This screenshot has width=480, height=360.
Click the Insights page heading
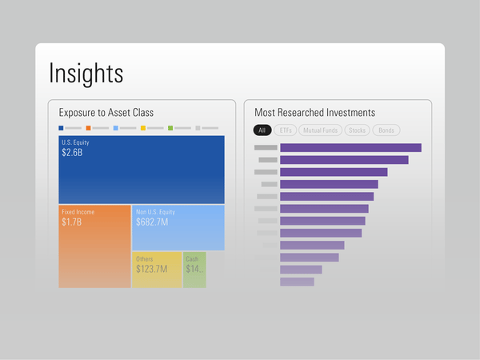point(86,73)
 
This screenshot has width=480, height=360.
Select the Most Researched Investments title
point(314,113)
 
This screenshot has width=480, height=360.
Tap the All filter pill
point(262,130)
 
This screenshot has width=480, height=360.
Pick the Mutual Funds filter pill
point(322,130)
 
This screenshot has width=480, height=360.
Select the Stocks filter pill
point(358,130)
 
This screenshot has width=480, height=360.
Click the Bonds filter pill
point(386,130)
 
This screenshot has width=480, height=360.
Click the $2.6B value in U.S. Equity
point(72,153)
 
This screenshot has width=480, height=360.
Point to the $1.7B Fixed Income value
point(72,222)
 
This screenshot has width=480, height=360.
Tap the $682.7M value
point(152,222)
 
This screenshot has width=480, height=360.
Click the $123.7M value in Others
point(152,269)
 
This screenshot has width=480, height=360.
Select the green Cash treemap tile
point(194,270)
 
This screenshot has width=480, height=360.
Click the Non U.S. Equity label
point(155,212)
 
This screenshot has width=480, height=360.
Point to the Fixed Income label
point(78,212)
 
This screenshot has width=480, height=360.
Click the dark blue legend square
point(62,128)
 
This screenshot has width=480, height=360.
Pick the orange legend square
point(89,128)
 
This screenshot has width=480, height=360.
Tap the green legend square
point(170,128)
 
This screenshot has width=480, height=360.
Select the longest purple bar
point(350,147)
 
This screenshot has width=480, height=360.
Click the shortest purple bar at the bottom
point(297,282)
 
